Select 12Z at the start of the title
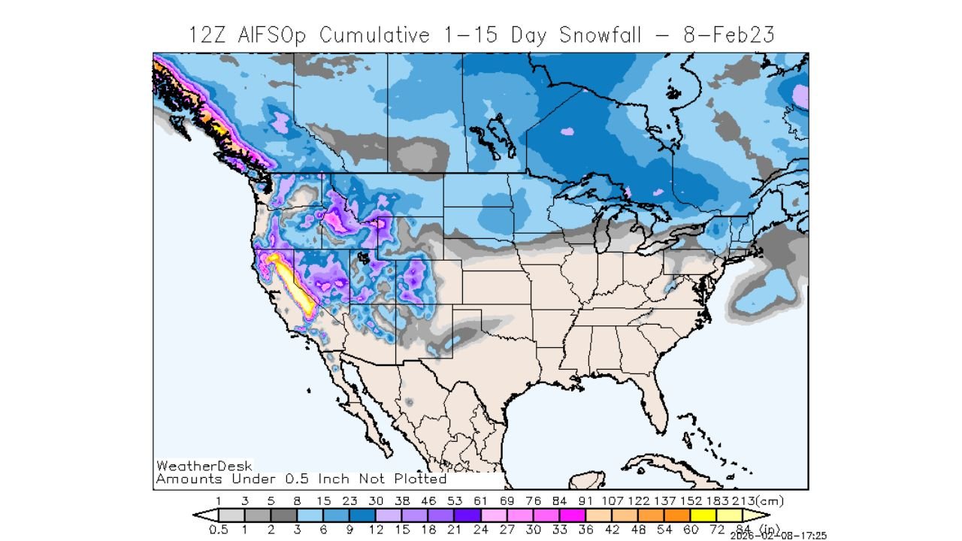point(207,35)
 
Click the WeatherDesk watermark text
point(204,466)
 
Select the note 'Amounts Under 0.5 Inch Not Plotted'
point(301,479)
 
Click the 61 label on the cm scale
point(481,500)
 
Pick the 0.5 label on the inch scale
point(218,529)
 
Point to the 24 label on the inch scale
point(481,529)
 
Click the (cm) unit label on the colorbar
point(770,500)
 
